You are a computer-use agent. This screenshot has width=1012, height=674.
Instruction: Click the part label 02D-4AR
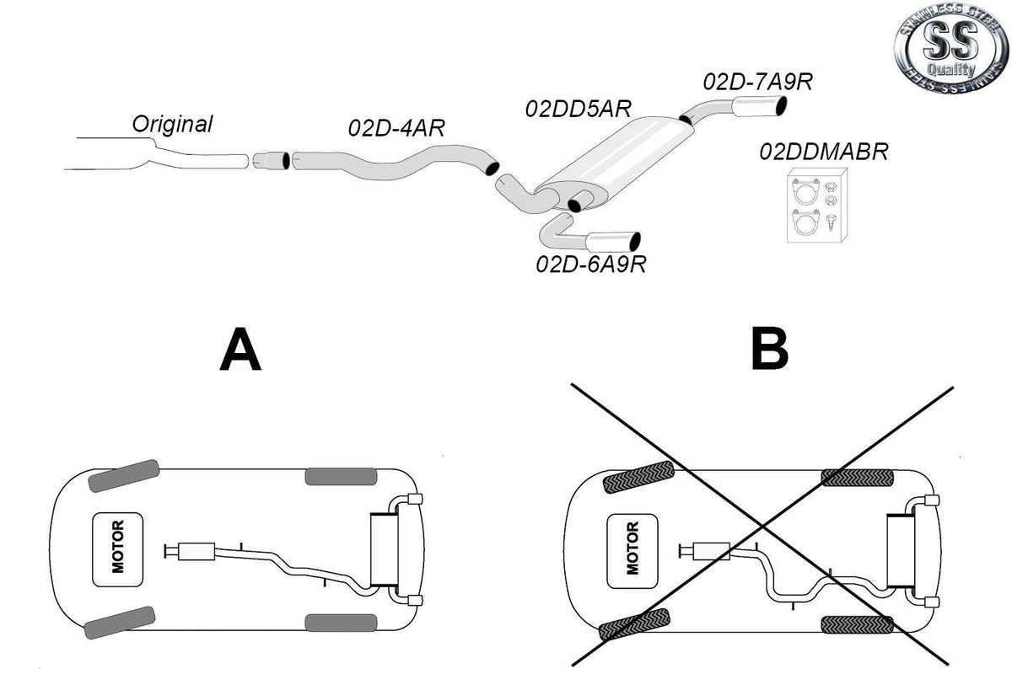396,128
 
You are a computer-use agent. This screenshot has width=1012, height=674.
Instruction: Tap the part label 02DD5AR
579,109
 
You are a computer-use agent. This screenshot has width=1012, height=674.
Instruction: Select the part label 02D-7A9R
757,82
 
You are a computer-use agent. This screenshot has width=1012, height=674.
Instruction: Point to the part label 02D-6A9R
591,264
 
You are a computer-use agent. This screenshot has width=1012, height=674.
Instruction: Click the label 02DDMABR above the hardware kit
824,152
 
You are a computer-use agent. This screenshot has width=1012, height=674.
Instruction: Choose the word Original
172,123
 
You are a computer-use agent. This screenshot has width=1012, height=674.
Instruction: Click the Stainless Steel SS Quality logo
951,47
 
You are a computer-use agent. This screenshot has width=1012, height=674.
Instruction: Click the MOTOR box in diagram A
117,549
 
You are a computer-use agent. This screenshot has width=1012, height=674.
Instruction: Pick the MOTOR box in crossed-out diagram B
632,551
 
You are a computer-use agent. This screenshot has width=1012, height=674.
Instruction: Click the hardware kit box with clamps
817,206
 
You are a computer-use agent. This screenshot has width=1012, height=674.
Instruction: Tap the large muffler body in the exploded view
614,163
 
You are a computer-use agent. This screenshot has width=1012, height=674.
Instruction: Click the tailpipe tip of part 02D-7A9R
760,107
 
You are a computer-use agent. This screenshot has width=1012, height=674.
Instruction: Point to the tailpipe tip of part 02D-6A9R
613,242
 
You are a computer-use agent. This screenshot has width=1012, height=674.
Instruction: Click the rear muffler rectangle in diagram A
384,549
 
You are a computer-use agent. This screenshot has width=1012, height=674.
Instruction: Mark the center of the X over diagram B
762,527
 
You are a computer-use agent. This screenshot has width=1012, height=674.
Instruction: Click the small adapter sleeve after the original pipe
271,161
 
